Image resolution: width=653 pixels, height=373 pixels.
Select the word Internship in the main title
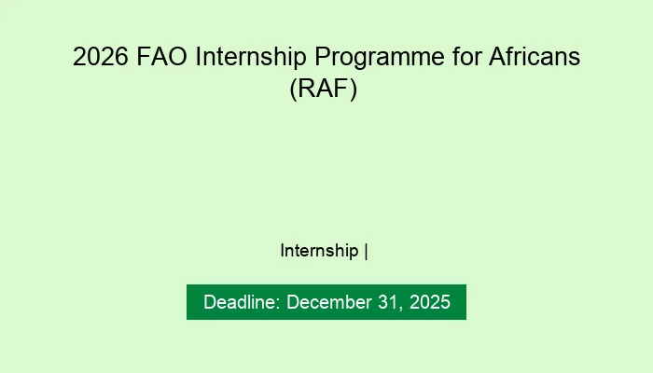(x=247, y=58)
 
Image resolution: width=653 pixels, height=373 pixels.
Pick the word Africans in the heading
(x=534, y=58)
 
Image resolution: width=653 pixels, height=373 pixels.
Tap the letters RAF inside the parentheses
(x=326, y=90)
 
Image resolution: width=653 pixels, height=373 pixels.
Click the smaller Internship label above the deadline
(x=319, y=251)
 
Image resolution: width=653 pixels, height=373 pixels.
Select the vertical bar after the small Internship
(x=367, y=251)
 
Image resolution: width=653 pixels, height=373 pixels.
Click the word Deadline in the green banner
(x=241, y=302)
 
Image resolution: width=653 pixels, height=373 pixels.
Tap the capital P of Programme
(x=330, y=58)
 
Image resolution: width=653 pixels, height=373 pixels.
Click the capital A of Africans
(x=494, y=58)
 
